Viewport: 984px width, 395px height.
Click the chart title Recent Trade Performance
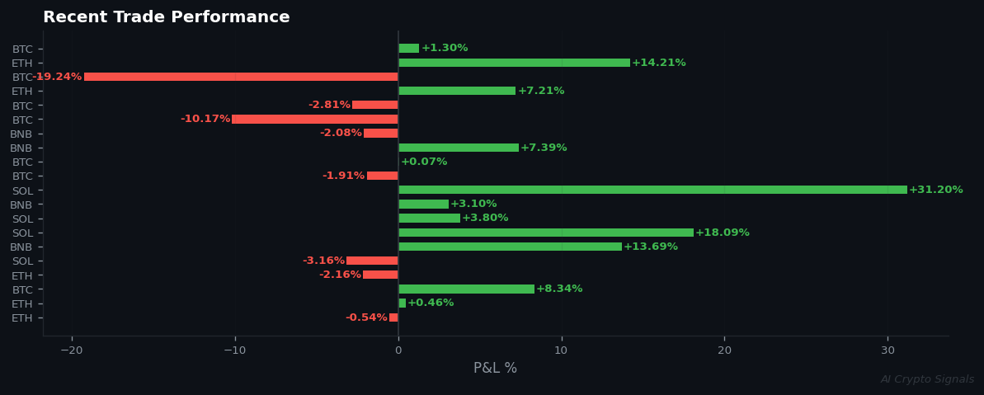point(166,17)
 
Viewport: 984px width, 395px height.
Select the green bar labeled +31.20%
point(652,190)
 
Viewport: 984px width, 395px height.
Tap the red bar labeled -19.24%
point(241,77)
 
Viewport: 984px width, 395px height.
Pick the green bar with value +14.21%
point(514,63)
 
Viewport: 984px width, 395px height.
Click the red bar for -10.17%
point(314,120)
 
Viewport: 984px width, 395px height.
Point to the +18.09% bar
point(545,233)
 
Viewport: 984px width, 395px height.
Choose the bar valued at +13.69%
point(510,247)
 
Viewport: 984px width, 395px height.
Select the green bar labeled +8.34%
point(466,289)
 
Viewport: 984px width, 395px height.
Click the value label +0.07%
point(424,162)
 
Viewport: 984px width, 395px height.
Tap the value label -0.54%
point(366,317)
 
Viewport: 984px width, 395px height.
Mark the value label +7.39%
point(544,148)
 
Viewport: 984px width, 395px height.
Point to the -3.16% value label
point(323,261)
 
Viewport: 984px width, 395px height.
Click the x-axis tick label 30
point(887,350)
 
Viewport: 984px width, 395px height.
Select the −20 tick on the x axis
point(71,350)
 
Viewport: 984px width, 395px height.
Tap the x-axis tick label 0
point(398,350)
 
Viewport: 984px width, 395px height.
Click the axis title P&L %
point(495,369)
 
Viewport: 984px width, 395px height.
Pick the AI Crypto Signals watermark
point(927,379)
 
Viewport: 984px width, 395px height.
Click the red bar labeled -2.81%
point(374,105)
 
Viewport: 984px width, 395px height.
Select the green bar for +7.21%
point(457,91)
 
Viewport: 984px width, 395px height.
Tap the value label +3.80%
point(485,219)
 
